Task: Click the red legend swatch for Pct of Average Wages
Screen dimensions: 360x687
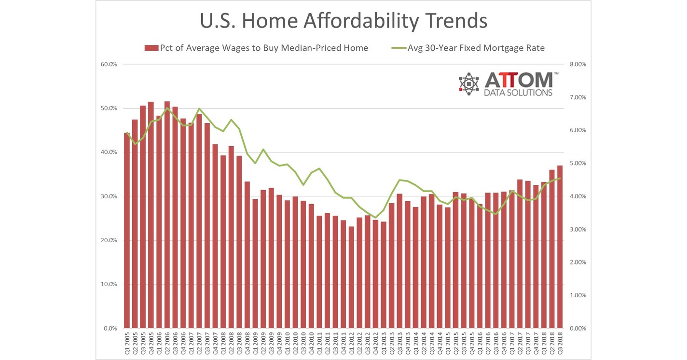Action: [x=151, y=48]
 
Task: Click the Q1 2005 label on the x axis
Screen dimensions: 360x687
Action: [x=127, y=343]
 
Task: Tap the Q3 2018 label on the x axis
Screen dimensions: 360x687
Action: [x=560, y=343]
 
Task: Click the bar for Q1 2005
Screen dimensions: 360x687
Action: [x=127, y=232]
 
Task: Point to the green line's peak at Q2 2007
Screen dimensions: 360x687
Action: [x=199, y=109]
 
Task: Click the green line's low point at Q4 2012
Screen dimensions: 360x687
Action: [x=375, y=218]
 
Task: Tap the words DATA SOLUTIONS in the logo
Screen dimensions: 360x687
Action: [x=519, y=93]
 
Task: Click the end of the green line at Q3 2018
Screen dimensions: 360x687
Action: [x=560, y=179]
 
